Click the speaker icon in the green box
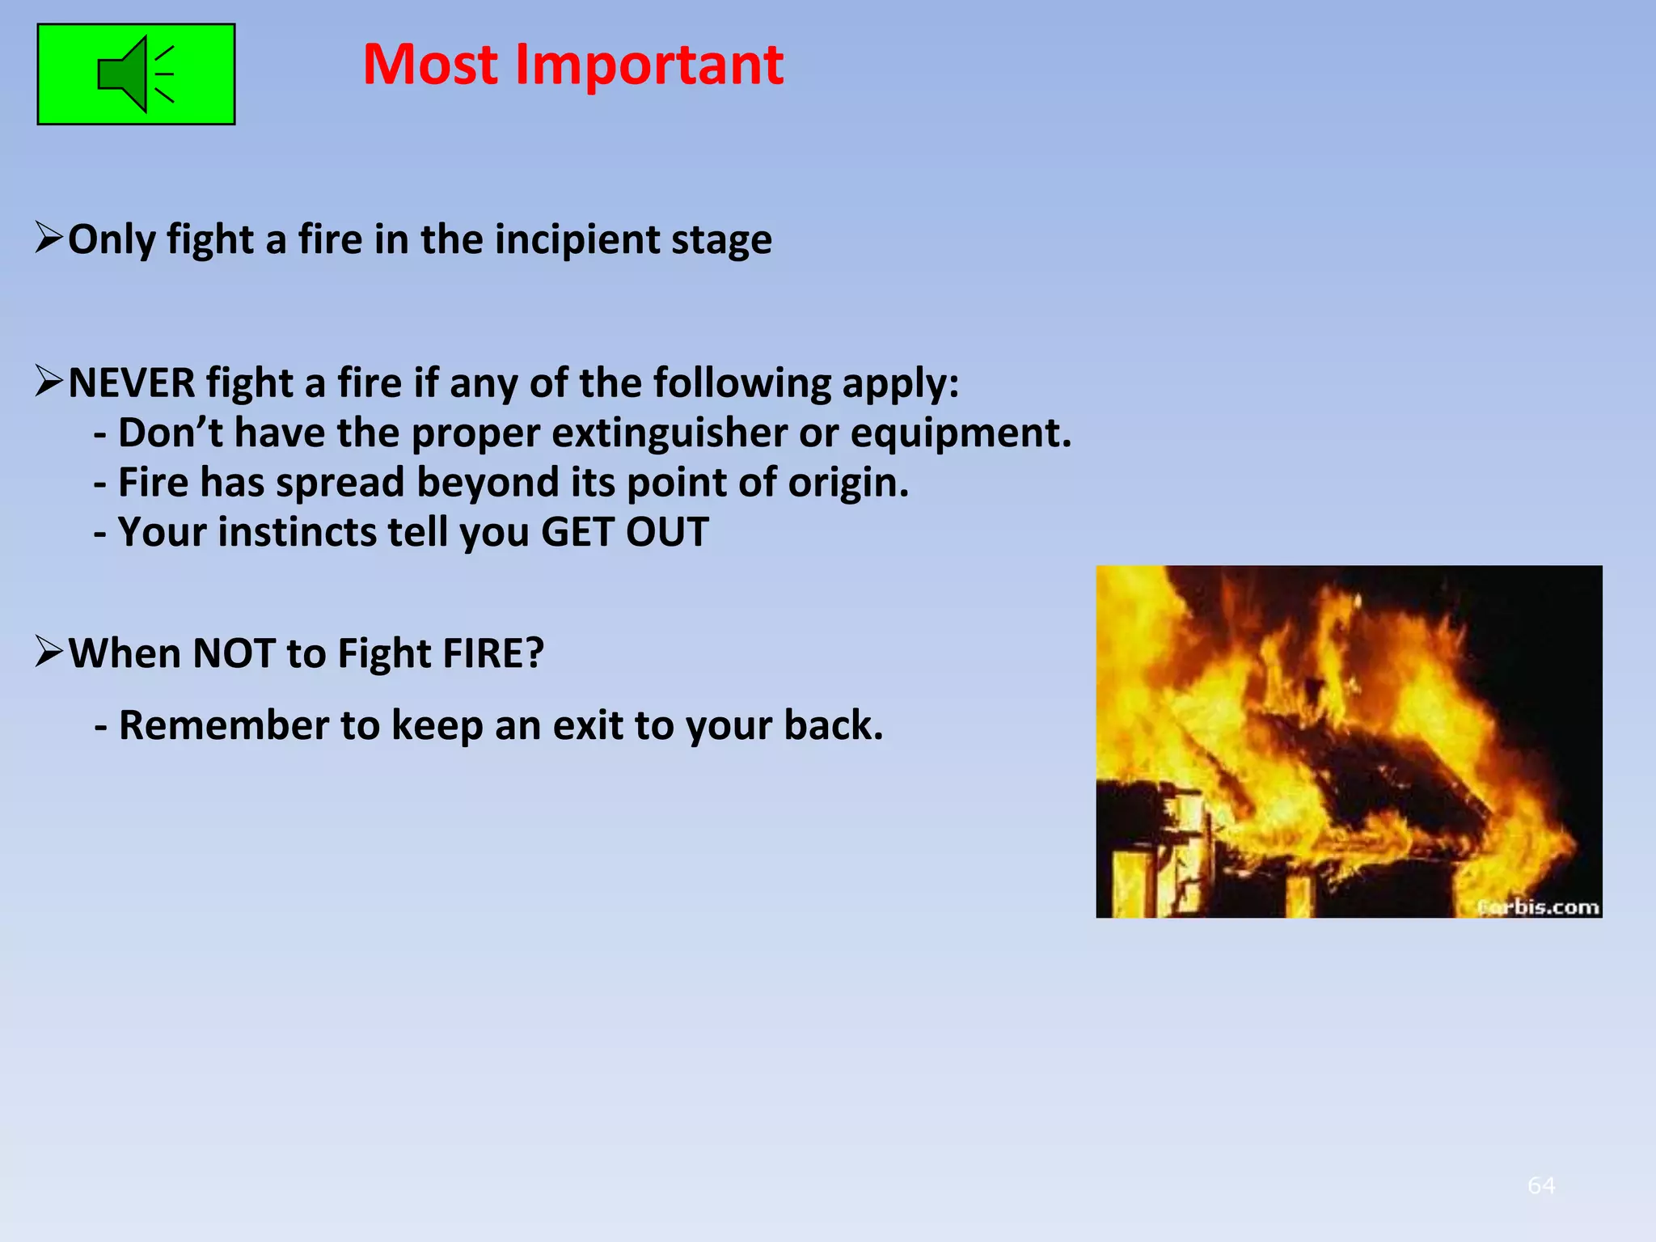(x=135, y=74)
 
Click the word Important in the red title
(x=648, y=65)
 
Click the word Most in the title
(x=429, y=65)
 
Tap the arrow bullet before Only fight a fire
(x=49, y=239)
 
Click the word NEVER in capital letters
(x=131, y=382)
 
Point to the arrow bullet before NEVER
(x=49, y=382)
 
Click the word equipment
(x=960, y=433)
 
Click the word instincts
(x=297, y=532)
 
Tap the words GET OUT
(x=624, y=532)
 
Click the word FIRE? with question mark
(x=492, y=653)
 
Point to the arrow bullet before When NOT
(x=49, y=652)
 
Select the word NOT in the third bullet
(x=234, y=653)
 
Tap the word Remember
(x=224, y=725)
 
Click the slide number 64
(x=1541, y=1185)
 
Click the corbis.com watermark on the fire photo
(x=1538, y=907)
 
